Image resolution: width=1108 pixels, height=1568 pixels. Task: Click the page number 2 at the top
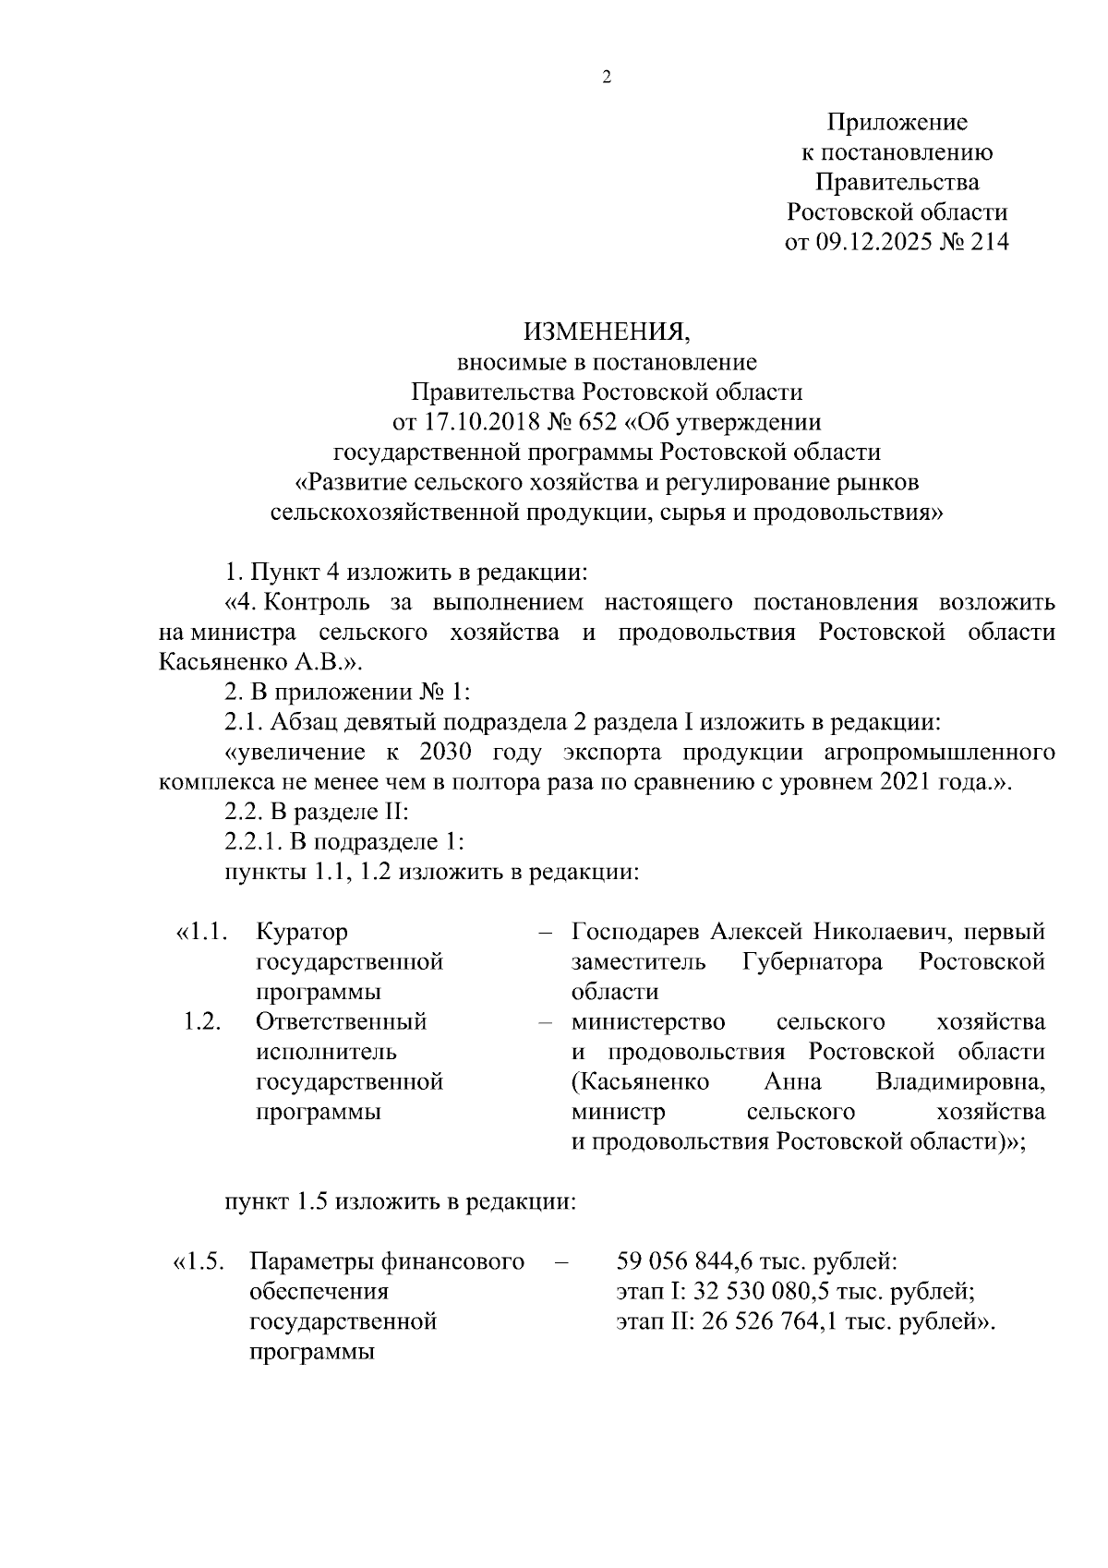pos(607,78)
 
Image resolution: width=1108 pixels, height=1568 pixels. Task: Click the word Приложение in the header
pos(897,122)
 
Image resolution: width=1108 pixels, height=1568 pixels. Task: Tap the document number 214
pos(988,242)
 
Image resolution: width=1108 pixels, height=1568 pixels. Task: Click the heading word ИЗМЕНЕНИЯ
pos(607,332)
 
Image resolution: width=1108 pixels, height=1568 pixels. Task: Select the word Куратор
pos(302,932)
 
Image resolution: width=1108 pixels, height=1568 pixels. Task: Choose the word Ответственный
pos(341,1021)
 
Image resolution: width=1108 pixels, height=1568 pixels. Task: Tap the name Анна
pos(793,1081)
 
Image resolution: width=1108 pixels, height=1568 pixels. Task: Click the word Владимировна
pos(960,1081)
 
